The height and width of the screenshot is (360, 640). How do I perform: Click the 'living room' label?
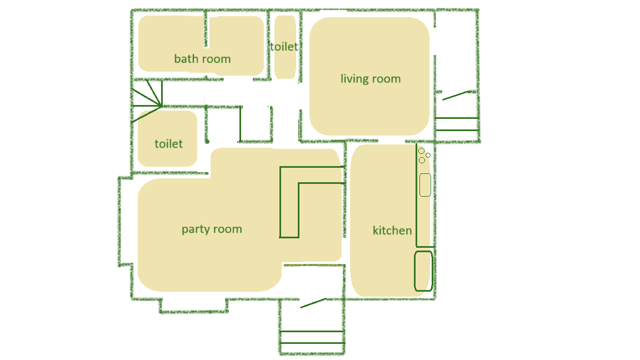click(x=371, y=79)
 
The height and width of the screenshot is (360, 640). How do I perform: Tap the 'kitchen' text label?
click(x=392, y=230)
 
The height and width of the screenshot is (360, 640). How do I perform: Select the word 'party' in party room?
click(x=196, y=229)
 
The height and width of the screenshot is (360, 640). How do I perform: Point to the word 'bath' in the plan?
click(x=186, y=59)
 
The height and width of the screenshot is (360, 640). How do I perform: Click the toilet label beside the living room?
click(x=284, y=47)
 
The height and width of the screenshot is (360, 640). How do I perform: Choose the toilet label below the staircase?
click(x=168, y=144)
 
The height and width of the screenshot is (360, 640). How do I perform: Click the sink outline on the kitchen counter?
click(x=425, y=185)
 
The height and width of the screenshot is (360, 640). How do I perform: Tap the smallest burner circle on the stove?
click(x=428, y=155)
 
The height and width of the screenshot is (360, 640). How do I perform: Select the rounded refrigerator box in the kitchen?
click(x=423, y=271)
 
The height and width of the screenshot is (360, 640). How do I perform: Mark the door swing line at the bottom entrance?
click(x=313, y=303)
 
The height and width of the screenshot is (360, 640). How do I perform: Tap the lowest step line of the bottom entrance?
click(x=312, y=343)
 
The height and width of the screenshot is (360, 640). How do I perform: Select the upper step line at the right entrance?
click(x=457, y=118)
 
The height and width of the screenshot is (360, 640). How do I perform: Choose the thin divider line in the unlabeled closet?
click(x=241, y=124)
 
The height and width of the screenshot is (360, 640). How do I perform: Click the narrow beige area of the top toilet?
click(x=285, y=47)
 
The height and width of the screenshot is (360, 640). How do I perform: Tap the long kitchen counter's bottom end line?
click(x=425, y=247)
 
